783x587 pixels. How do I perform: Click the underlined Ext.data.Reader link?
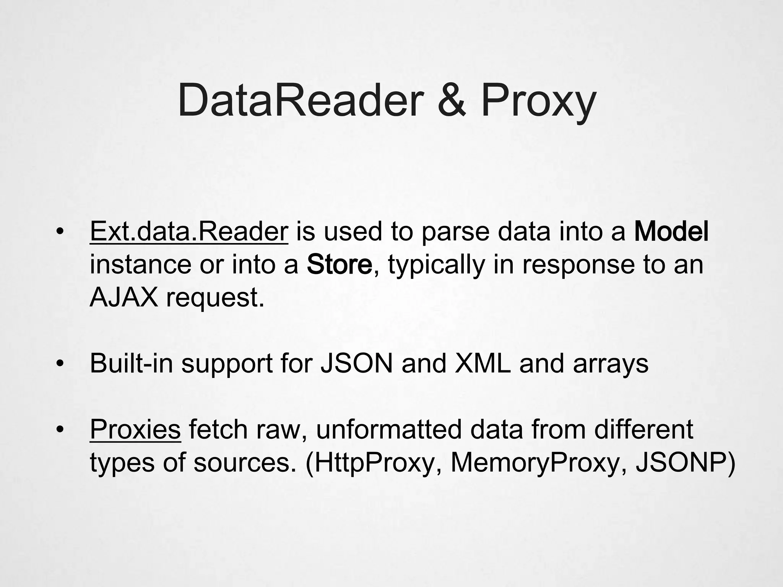[x=189, y=232]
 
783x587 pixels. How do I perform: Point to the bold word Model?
[x=671, y=232]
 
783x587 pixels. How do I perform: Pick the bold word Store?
[x=339, y=264]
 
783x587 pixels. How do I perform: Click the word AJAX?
[x=123, y=297]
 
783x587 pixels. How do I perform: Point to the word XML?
[x=482, y=363]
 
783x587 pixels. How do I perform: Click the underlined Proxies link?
[x=135, y=430]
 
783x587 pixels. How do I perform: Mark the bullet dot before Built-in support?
[x=59, y=364]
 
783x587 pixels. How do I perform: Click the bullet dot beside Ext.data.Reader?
[x=59, y=232]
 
